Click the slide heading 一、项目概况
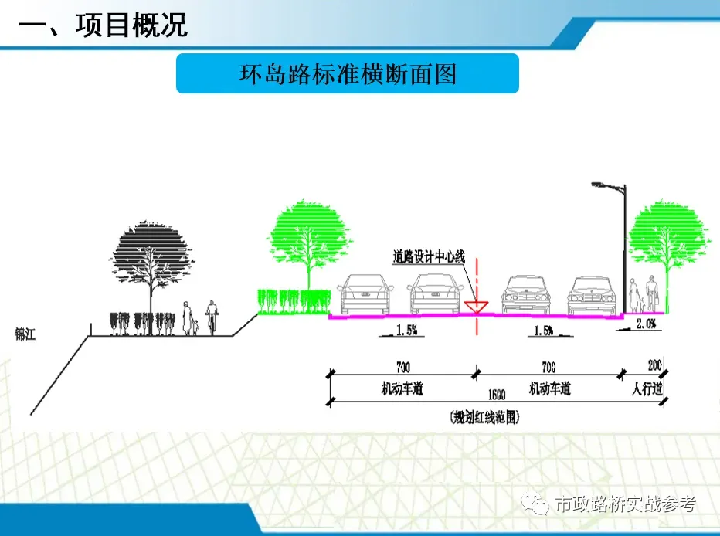(104, 26)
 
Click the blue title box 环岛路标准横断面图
(348, 74)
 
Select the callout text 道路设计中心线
(429, 256)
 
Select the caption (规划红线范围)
(484, 418)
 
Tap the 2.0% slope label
(645, 325)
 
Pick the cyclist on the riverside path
(211, 317)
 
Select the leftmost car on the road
(366, 295)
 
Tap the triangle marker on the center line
(477, 308)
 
